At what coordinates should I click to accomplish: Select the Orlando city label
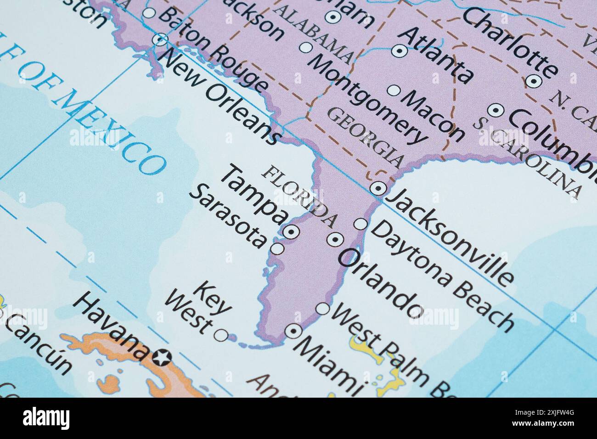point(381,282)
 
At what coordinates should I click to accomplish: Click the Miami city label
point(329,363)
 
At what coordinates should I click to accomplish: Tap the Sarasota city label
point(228,216)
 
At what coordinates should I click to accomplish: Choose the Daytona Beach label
point(440,275)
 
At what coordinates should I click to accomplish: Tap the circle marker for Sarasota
point(277,248)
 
